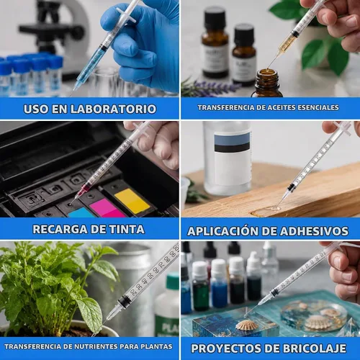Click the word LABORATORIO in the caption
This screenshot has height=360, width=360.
click(x=114, y=109)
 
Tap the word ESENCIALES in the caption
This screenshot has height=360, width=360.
click(x=318, y=107)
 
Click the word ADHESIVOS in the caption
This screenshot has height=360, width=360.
click(x=315, y=231)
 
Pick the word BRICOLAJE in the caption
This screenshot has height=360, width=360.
click(x=315, y=348)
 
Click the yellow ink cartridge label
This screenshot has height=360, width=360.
click(x=132, y=201)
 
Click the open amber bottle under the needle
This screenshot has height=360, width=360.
click(x=267, y=83)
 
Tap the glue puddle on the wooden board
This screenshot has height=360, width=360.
click(x=266, y=211)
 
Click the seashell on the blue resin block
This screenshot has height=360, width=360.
click(x=247, y=325)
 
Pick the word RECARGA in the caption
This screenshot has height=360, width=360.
click(x=60, y=229)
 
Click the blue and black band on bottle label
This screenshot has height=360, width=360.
click(x=232, y=142)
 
